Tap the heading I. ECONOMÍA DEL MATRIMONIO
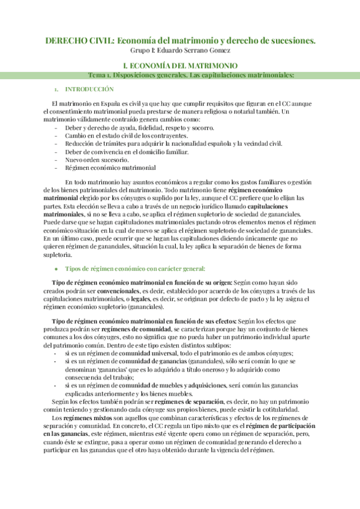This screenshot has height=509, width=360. point(179,65)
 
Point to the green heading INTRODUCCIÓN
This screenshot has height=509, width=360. point(89,89)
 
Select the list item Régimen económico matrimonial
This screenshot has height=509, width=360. point(110,168)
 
